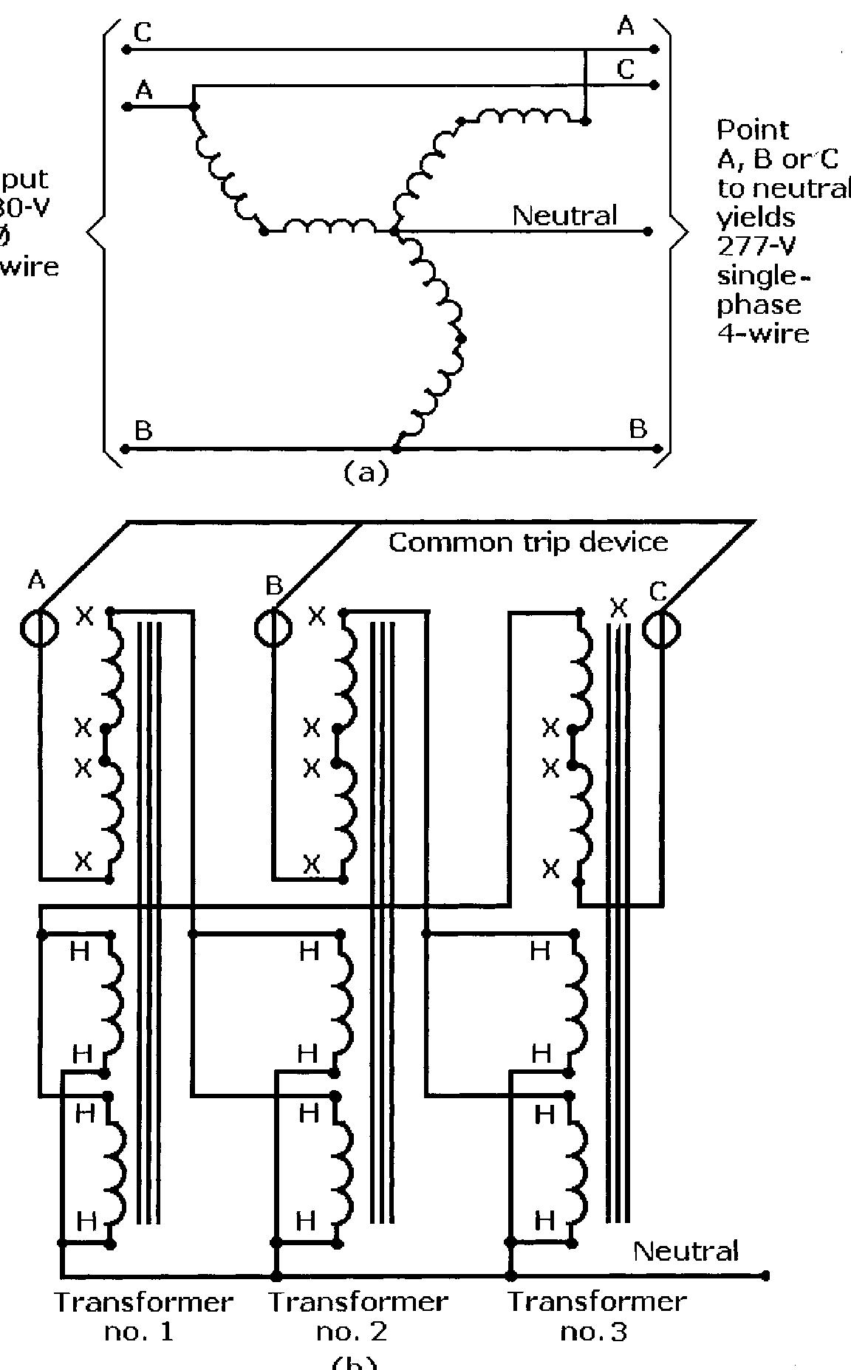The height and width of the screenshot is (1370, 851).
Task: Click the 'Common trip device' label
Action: (527, 543)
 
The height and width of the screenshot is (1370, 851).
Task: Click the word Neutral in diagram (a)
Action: (564, 216)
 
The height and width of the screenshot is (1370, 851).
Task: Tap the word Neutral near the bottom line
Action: (686, 1251)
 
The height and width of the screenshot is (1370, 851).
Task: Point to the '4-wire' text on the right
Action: (763, 333)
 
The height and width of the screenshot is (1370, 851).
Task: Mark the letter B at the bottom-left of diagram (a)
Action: (143, 431)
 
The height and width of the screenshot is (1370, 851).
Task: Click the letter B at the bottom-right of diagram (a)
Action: (638, 429)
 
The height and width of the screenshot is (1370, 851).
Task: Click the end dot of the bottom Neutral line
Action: (765, 1275)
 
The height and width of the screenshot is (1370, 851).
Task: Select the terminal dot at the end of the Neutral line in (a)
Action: (648, 231)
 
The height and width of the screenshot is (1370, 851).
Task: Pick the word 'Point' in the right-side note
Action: (752, 130)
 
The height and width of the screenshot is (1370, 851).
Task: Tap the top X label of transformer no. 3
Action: (619, 609)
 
